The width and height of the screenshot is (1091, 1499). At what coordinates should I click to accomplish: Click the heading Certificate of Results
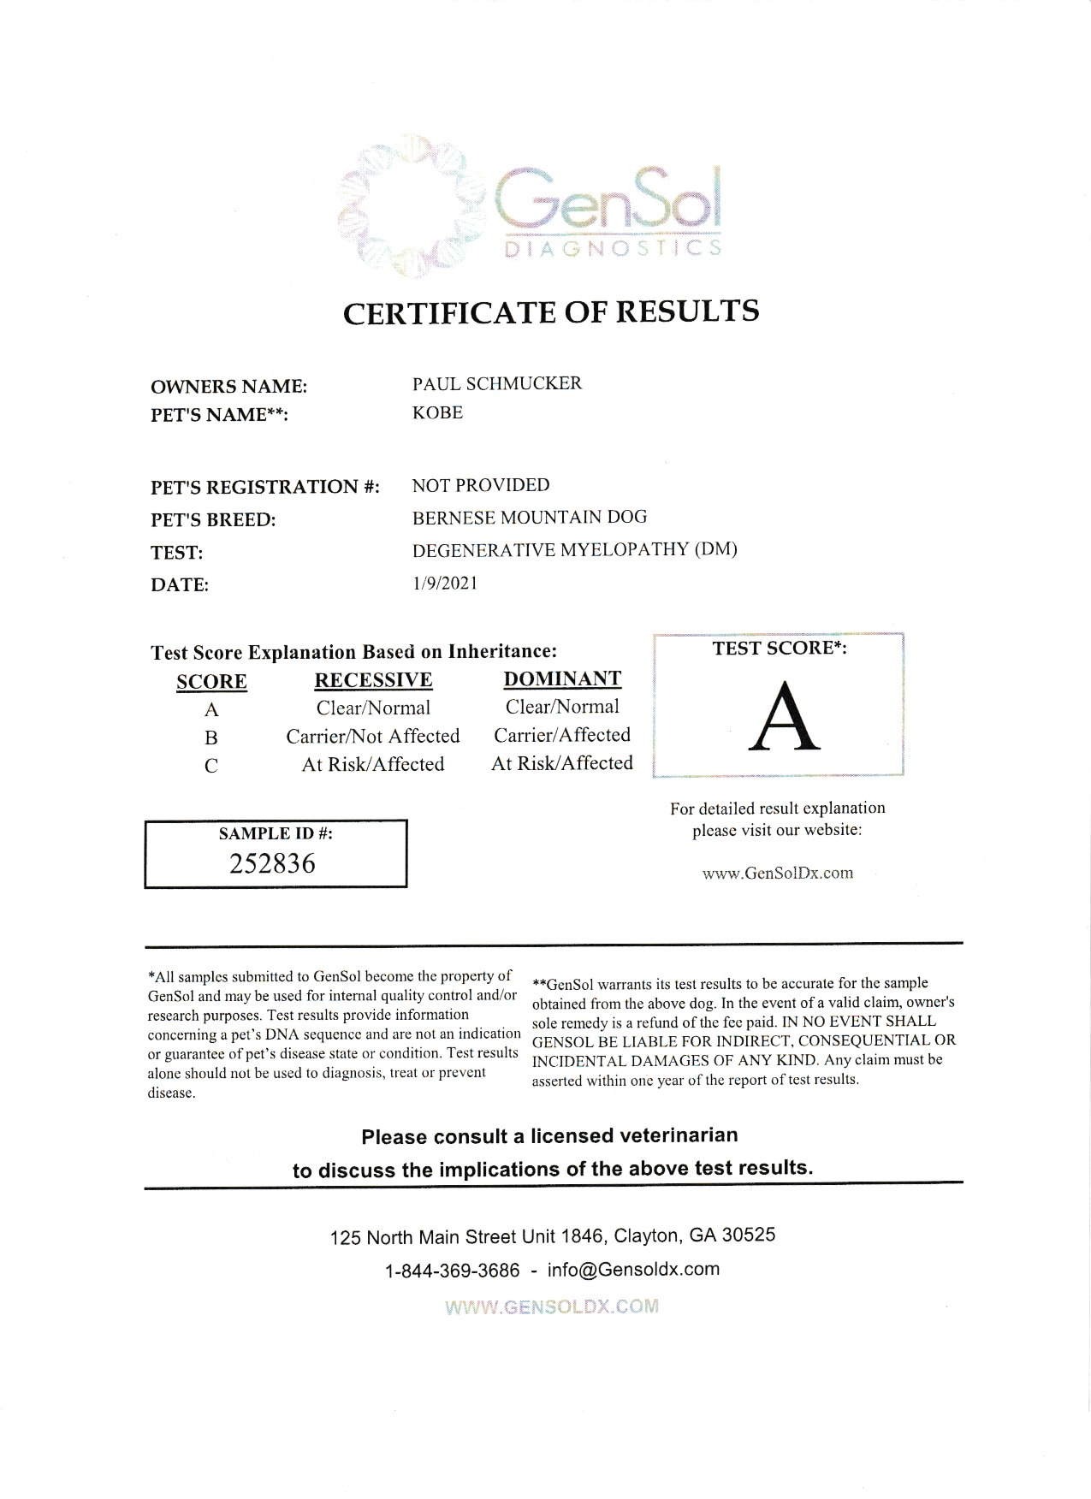click(x=550, y=312)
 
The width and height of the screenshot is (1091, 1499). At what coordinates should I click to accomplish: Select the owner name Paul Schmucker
click(x=496, y=383)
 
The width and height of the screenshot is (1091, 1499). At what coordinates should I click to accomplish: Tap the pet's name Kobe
click(x=437, y=412)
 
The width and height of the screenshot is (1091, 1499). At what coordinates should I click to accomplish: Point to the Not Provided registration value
click(x=480, y=485)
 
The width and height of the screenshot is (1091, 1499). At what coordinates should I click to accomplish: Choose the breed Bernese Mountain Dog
click(x=529, y=517)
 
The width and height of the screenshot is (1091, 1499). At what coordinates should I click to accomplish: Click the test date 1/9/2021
click(x=444, y=584)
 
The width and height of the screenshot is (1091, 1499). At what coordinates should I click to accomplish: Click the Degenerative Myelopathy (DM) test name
click(x=574, y=549)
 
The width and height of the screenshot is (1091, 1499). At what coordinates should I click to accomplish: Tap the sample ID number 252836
click(x=273, y=863)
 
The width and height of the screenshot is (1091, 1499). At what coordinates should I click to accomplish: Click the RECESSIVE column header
click(x=373, y=680)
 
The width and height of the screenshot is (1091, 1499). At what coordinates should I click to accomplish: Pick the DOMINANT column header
click(x=562, y=679)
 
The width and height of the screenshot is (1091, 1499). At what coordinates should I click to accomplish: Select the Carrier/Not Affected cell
click(x=373, y=736)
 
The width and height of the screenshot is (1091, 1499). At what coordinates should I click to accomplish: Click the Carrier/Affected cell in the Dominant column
click(x=562, y=735)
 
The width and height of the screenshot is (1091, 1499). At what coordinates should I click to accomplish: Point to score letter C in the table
click(x=211, y=766)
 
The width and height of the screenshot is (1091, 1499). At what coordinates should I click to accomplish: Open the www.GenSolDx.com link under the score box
click(x=777, y=874)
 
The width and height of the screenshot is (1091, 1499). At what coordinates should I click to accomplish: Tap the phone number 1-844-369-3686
click(x=453, y=1271)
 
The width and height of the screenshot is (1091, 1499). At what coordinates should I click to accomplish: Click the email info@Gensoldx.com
click(x=633, y=1270)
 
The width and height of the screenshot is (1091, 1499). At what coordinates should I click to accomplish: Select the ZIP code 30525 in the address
click(x=749, y=1235)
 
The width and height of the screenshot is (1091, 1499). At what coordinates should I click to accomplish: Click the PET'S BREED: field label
click(x=213, y=520)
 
